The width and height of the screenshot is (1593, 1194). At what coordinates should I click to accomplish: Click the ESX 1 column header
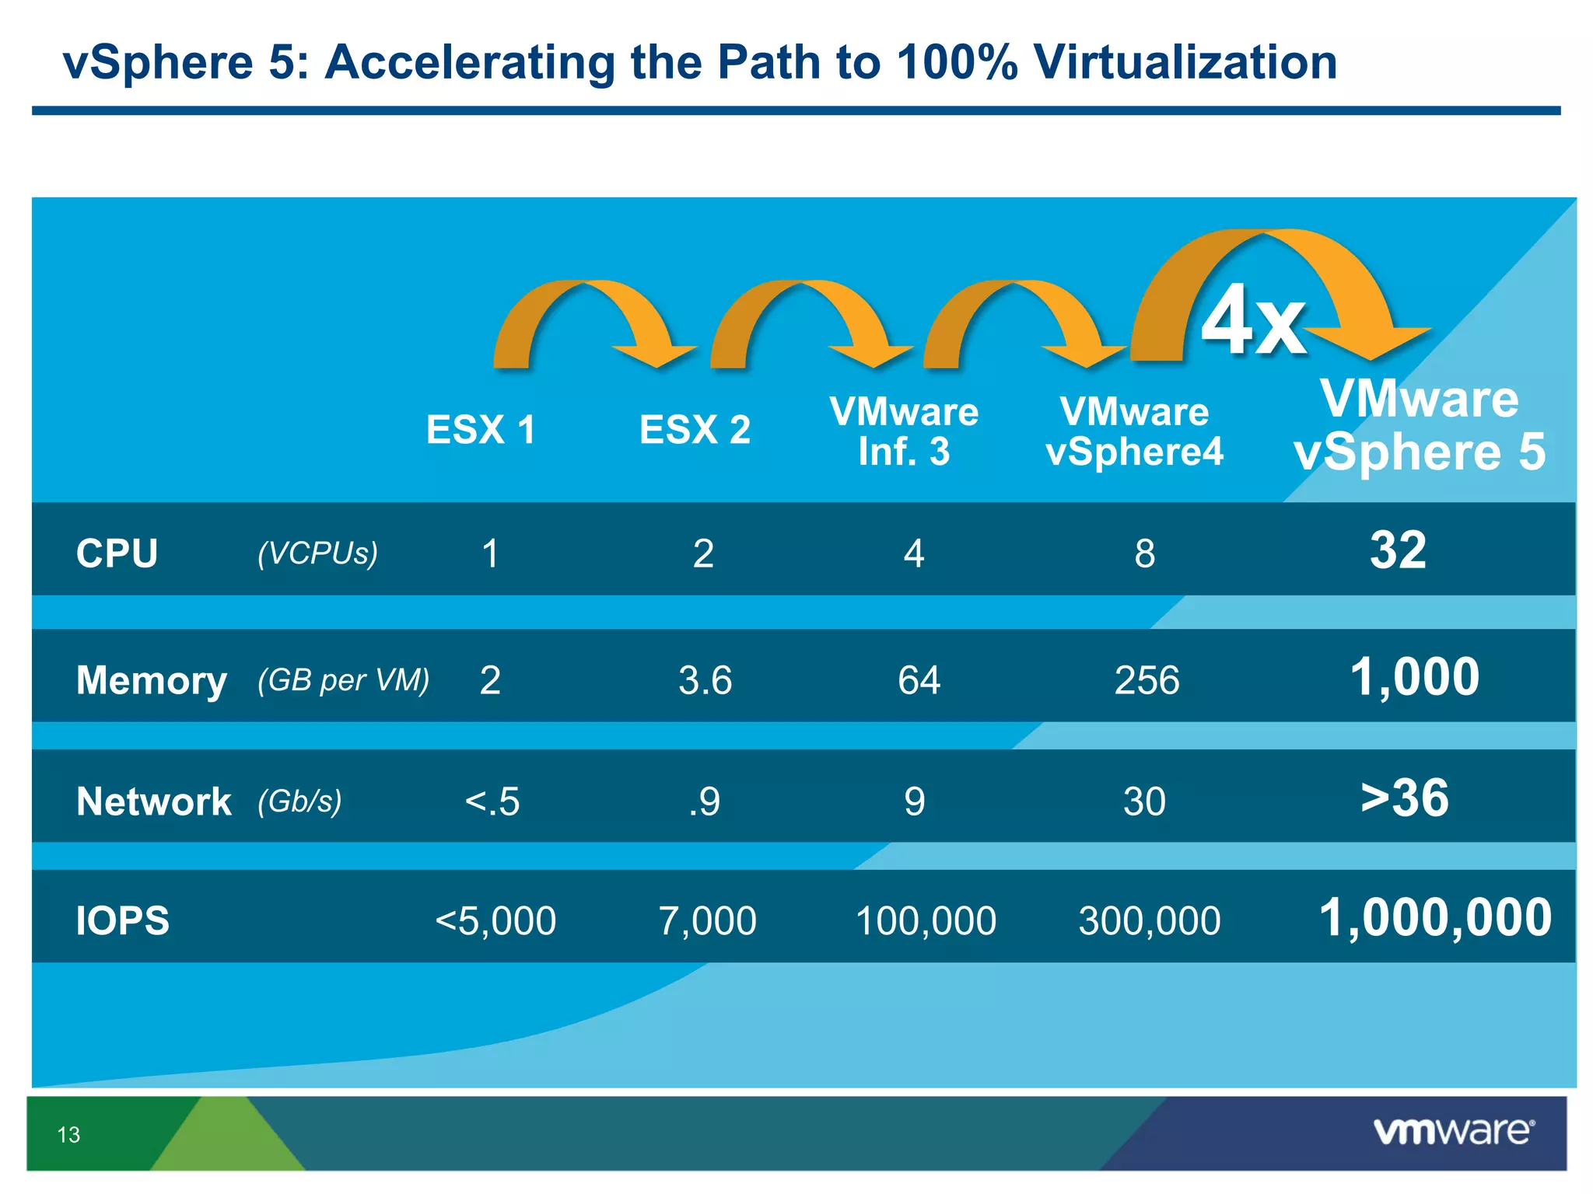click(481, 430)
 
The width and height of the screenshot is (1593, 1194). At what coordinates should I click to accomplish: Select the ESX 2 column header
click(695, 430)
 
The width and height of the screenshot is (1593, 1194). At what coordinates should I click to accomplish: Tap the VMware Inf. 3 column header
click(904, 431)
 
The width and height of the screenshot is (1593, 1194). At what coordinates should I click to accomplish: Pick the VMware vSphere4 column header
click(1134, 431)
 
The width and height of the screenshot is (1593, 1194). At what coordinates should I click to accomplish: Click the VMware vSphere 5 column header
click(1420, 425)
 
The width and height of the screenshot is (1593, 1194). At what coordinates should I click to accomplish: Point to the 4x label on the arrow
click(1253, 319)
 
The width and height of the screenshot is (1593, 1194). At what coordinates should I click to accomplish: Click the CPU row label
click(117, 553)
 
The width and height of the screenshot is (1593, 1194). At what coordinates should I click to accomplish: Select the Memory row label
click(152, 680)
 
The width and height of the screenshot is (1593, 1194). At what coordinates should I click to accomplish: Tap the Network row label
click(154, 801)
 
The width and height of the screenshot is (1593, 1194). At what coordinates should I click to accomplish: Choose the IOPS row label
click(122, 920)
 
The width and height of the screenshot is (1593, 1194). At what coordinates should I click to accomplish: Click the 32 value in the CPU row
click(1398, 550)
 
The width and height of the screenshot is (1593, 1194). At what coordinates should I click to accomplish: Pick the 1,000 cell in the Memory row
click(1414, 676)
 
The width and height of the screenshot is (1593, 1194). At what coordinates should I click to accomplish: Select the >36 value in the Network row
click(1405, 798)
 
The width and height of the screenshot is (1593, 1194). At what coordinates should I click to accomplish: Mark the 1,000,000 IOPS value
click(1435, 917)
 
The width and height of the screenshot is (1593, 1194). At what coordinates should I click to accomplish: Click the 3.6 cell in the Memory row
click(705, 680)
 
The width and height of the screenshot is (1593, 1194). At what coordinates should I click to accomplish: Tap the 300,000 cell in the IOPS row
click(1149, 921)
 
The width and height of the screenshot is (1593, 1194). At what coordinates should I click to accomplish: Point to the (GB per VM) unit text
click(343, 680)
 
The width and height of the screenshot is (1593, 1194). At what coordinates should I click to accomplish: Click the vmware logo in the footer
click(1454, 1131)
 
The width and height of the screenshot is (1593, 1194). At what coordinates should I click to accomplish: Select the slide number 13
click(68, 1135)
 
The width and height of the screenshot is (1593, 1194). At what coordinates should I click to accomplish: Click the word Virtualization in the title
click(1185, 62)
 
